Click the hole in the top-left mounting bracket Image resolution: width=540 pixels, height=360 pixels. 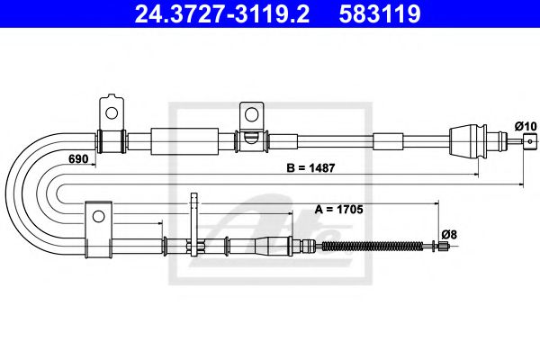(112, 112)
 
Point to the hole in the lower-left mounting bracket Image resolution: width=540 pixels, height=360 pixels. (98, 215)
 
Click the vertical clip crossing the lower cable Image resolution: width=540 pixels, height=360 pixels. (193, 229)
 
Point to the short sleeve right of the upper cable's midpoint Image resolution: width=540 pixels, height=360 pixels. (389, 140)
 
